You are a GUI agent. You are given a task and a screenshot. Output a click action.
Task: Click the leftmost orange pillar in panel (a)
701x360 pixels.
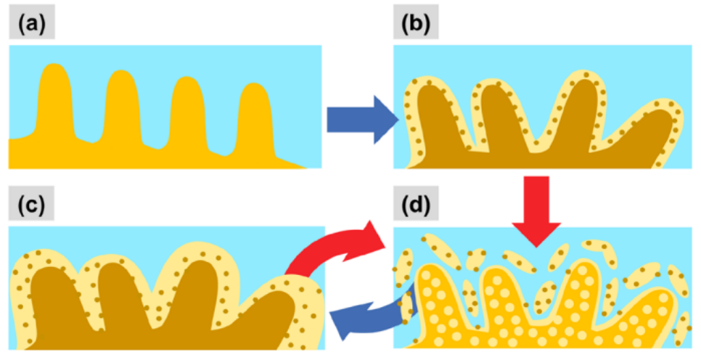coord(54,102)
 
